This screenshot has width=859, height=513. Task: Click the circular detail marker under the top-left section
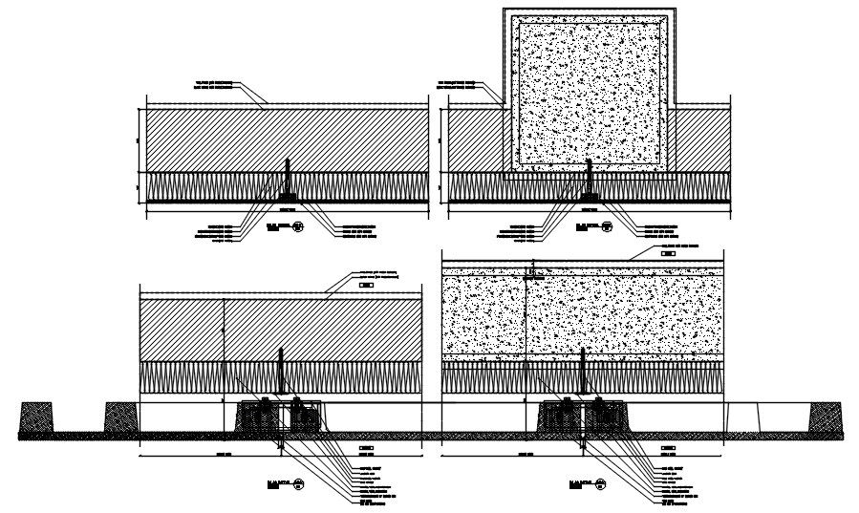(298, 226)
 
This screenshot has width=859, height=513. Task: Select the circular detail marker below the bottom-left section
(299, 482)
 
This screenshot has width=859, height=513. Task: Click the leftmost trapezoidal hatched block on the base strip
(36, 418)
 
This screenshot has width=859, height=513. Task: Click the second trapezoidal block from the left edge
(118, 418)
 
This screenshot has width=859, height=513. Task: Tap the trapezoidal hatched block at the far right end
(827, 418)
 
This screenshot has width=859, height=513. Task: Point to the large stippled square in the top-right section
(590, 96)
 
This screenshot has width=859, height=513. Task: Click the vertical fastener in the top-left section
(287, 182)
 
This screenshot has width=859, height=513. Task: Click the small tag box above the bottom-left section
(365, 285)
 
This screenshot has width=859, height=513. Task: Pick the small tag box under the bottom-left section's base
(365, 447)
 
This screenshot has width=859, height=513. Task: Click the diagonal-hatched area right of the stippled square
(699, 139)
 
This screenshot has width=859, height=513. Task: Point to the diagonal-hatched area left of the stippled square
(475, 139)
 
